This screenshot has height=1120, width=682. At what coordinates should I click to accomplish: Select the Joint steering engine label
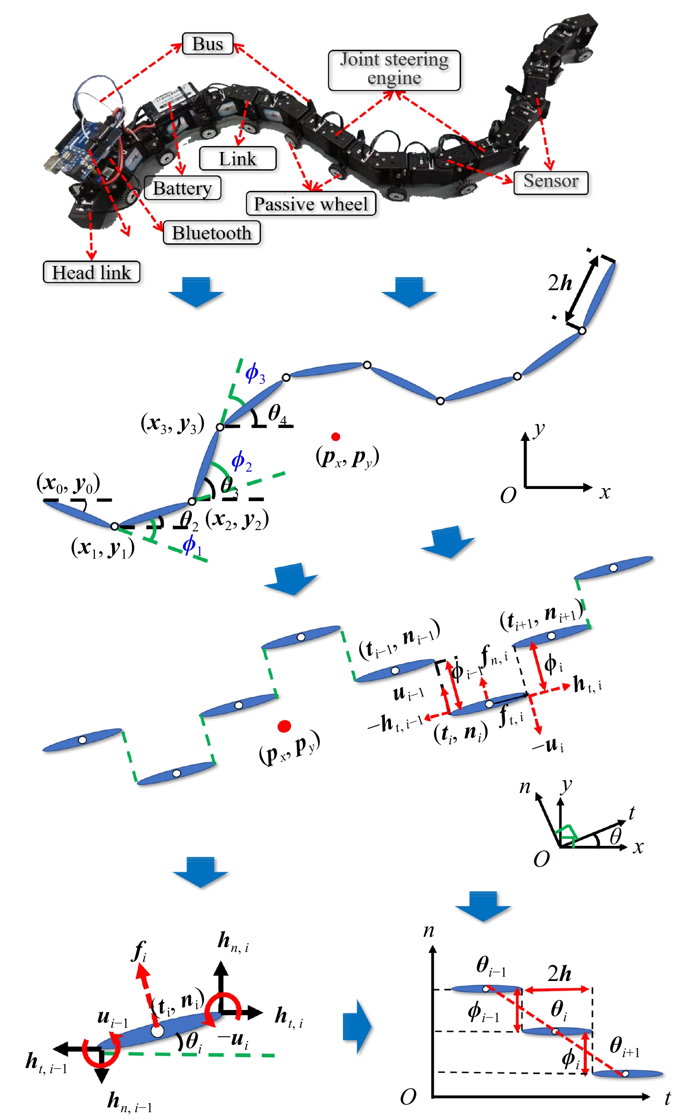tap(394, 70)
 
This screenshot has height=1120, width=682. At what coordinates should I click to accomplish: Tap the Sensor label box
tap(550, 182)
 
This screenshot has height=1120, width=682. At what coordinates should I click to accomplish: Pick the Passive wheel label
tap(311, 204)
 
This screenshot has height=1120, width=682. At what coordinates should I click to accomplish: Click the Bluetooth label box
tap(211, 233)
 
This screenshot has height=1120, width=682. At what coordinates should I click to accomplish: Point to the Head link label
tap(91, 272)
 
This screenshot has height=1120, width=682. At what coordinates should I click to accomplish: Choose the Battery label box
tap(182, 188)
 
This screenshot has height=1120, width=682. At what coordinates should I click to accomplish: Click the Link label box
tap(237, 159)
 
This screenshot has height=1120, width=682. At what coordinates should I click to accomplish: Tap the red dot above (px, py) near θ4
tap(335, 437)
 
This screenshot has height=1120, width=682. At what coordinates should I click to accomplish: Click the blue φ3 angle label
tap(255, 374)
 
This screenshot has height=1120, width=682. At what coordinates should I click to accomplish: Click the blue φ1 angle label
tap(191, 545)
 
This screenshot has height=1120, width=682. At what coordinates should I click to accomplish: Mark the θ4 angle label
tap(277, 414)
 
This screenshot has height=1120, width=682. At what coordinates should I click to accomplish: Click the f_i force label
tap(139, 951)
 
